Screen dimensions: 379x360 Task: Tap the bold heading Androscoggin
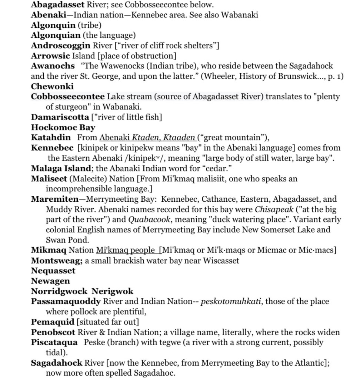[x=60, y=46]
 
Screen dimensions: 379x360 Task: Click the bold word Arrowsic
[x=50, y=56]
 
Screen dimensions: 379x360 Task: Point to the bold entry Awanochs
[x=53, y=66]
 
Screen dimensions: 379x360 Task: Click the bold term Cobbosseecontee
[x=68, y=97]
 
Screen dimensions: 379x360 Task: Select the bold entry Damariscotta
[x=60, y=117]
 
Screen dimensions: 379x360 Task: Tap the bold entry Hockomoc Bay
[x=63, y=127]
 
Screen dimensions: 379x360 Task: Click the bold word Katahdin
[x=51, y=138]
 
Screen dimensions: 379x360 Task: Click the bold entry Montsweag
[x=57, y=261]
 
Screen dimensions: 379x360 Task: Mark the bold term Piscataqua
[x=54, y=342]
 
